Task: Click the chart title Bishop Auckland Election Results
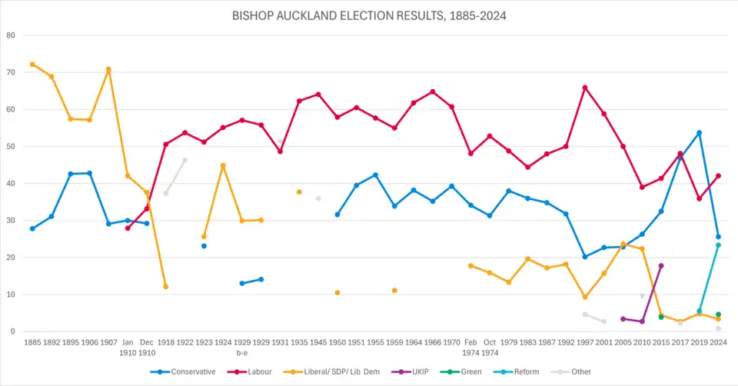tap(369, 15)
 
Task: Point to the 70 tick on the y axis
tap(10, 72)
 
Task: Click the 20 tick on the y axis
tap(10, 258)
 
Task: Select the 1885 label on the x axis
tap(32, 341)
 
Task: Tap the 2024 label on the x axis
tap(718, 341)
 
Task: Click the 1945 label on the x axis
tap(318, 341)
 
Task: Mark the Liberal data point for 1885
tap(32, 65)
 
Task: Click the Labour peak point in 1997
tap(585, 88)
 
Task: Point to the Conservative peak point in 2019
tap(699, 132)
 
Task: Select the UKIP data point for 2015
tap(661, 265)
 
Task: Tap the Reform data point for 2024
tap(718, 245)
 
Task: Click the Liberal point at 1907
tap(108, 69)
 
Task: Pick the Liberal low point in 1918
tap(165, 287)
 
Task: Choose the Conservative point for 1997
tap(585, 257)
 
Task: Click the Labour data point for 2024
tap(718, 176)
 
